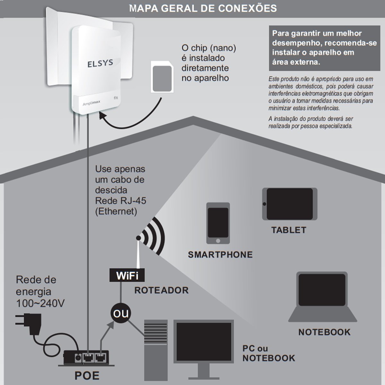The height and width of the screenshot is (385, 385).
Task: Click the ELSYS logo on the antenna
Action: [x=100, y=63]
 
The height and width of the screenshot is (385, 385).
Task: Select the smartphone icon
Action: [x=218, y=223]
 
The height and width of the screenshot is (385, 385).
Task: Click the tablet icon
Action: [x=290, y=204]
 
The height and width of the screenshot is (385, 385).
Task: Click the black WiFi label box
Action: [x=127, y=275]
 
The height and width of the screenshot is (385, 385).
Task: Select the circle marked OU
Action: [x=121, y=313]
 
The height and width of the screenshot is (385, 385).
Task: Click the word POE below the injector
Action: [x=87, y=375]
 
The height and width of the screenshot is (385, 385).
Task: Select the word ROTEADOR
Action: [x=161, y=290]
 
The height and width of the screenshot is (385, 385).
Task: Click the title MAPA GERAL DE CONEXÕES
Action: [x=203, y=8]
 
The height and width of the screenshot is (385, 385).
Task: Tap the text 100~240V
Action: [x=40, y=303]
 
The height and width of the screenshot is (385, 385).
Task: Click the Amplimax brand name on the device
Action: [x=91, y=103]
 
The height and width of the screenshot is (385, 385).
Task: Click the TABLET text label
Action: [x=289, y=230]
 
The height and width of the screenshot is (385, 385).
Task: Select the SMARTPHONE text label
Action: [x=220, y=255]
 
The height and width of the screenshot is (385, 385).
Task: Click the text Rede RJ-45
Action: [x=121, y=201]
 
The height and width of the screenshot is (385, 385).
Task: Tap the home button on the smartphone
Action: [x=218, y=241]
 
